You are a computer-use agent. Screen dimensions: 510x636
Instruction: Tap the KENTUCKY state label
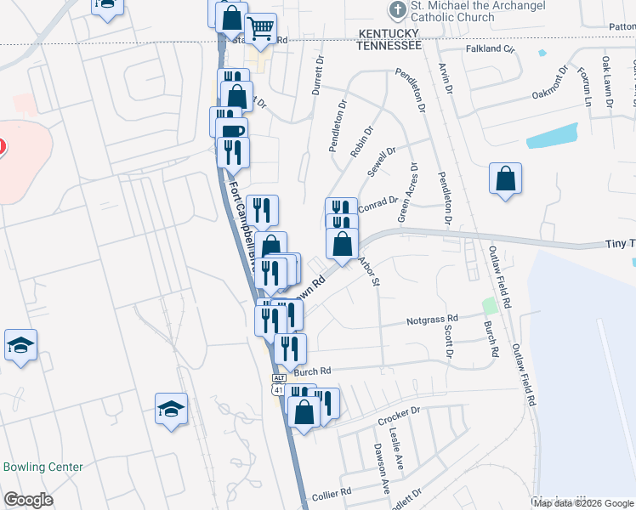pyautogui.click(x=388, y=31)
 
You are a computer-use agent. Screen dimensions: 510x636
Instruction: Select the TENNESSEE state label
pyautogui.click(x=389, y=44)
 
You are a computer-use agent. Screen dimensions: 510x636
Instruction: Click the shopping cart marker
pyautogui.click(x=260, y=29)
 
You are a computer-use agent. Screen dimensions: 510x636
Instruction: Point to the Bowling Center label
pyautogui.click(x=43, y=467)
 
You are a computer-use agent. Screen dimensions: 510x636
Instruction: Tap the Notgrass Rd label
pyautogui.click(x=432, y=320)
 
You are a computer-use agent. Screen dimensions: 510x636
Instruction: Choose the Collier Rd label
pyautogui.click(x=332, y=493)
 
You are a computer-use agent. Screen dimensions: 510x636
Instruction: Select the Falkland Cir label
pyautogui.click(x=491, y=49)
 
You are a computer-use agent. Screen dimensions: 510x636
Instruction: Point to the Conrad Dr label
pyautogui.click(x=378, y=202)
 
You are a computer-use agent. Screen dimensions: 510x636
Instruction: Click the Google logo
pyautogui.click(x=28, y=500)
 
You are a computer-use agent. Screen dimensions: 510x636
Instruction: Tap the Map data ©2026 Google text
pyautogui.click(x=582, y=503)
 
